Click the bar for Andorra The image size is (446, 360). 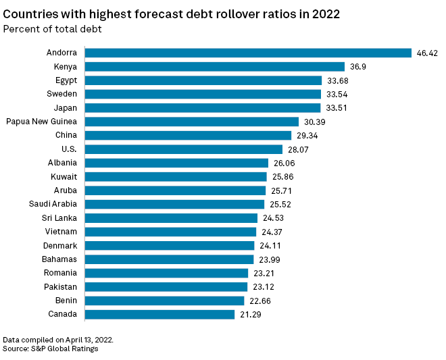[248, 53]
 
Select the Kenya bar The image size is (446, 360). [215, 66]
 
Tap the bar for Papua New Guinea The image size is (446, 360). [191, 122]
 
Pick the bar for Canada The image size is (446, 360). [159, 314]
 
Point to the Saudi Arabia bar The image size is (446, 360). [174, 204]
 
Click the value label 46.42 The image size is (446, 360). [427, 53]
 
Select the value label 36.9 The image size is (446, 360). [357, 66]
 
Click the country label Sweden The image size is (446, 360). [61, 94]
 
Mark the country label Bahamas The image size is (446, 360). [59, 259]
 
